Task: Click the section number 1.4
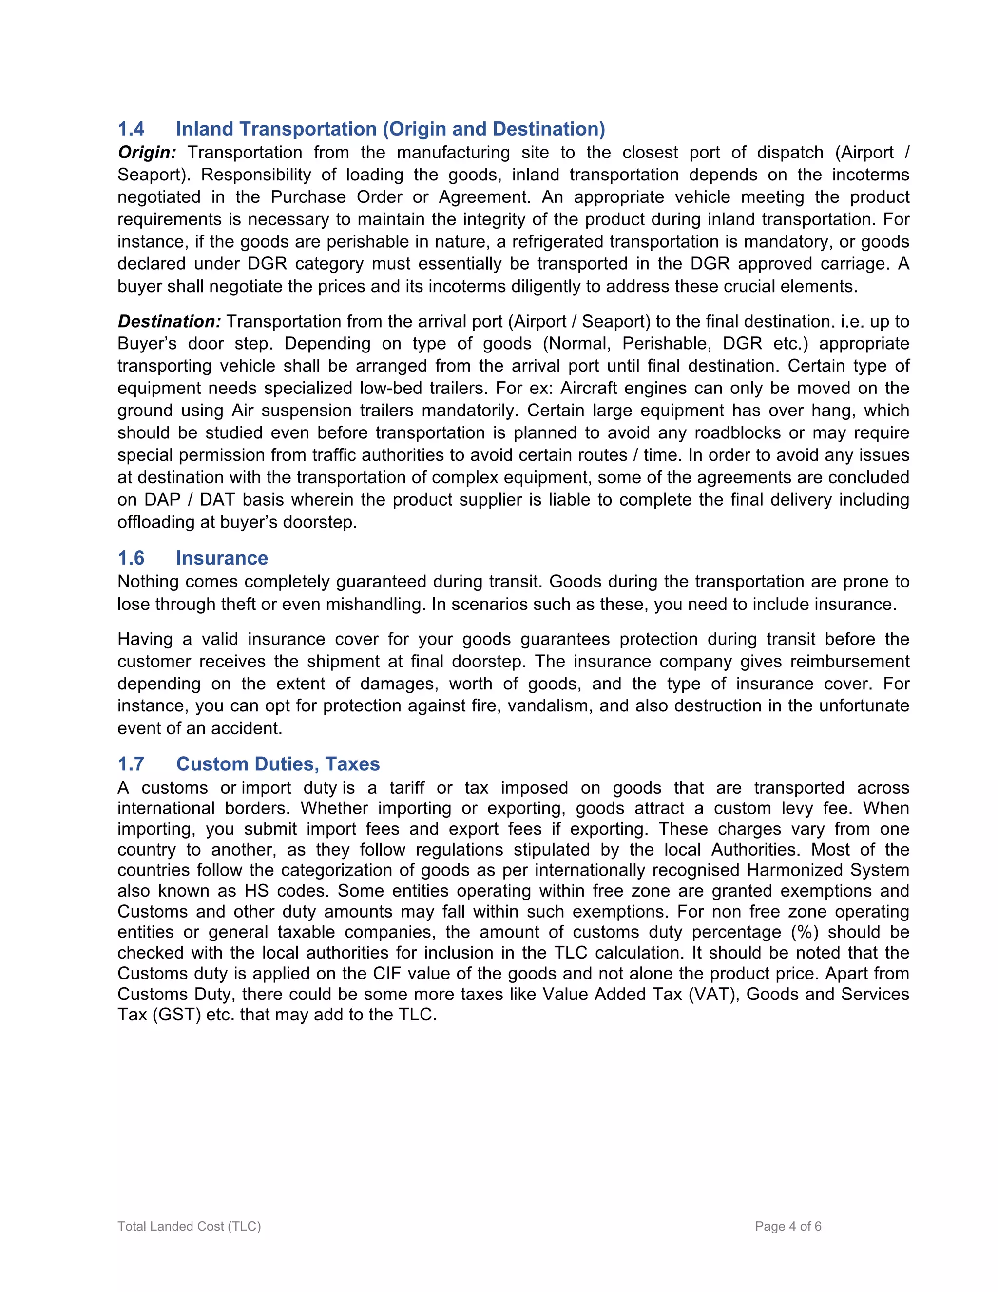(131, 129)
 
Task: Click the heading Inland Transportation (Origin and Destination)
(390, 129)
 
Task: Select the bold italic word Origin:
(147, 153)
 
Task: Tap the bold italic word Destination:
(169, 321)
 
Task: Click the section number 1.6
(131, 558)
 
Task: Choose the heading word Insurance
(222, 558)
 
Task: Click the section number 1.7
(131, 763)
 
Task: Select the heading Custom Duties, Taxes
(278, 763)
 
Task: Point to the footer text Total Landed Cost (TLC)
(189, 1226)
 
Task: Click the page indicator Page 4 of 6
(788, 1226)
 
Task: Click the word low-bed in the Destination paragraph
(392, 388)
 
